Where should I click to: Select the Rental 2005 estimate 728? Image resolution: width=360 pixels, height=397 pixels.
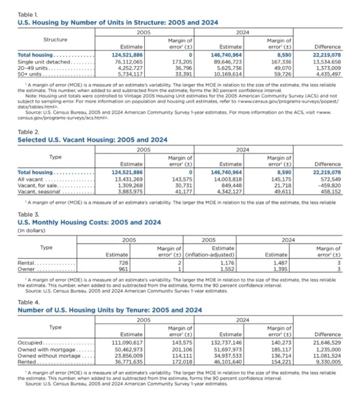point(122,263)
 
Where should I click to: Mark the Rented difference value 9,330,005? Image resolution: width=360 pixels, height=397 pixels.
point(326,360)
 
